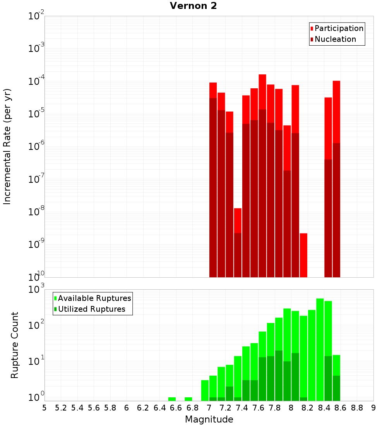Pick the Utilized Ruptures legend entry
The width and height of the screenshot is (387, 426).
tap(91, 309)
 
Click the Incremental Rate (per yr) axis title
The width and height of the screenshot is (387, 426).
tap(7, 147)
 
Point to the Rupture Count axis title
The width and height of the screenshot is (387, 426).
tap(15, 345)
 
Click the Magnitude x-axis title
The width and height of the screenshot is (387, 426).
tap(209, 419)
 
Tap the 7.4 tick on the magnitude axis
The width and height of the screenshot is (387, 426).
tap(242, 408)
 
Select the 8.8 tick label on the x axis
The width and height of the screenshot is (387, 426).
tap(357, 408)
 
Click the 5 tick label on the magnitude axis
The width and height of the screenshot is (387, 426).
tap(45, 408)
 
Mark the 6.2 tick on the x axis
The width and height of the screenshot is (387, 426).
tap(143, 408)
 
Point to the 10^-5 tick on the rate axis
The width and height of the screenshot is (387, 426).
tap(36, 114)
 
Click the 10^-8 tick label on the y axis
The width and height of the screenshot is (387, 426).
tap(36, 212)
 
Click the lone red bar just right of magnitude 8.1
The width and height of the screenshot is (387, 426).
tap(303, 255)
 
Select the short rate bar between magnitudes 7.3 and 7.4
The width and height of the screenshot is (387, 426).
tap(238, 242)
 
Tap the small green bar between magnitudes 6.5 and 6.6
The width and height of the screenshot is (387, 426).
tap(172, 399)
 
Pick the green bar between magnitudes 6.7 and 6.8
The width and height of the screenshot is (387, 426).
tap(188, 399)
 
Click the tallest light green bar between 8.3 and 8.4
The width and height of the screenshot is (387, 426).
tap(320, 349)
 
